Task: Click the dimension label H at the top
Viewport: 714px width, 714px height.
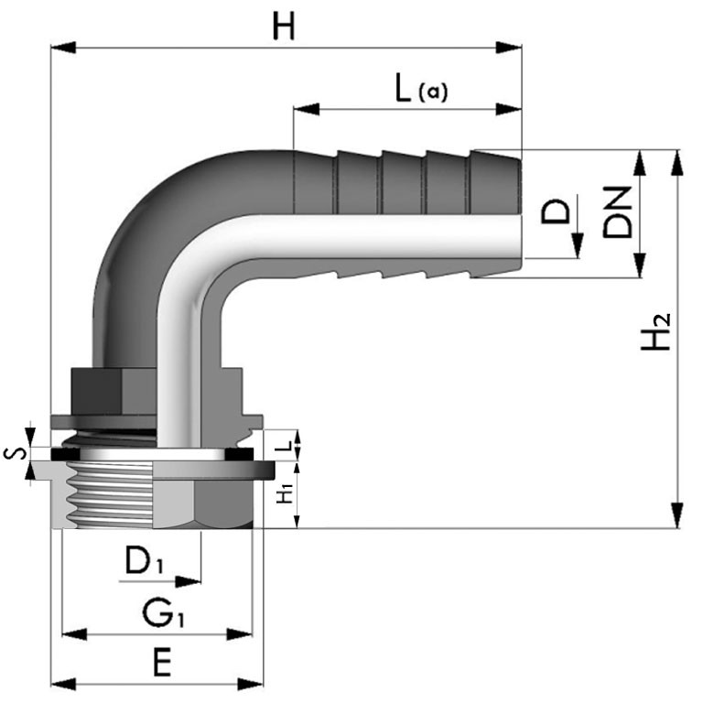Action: coord(283,26)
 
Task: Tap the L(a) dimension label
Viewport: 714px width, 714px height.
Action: coord(421,89)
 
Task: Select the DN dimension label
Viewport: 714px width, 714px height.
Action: coord(618,212)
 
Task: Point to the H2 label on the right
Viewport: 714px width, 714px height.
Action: coord(655,331)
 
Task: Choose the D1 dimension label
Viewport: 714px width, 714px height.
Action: coord(144,560)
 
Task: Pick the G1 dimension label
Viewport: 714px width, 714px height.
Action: coord(163,613)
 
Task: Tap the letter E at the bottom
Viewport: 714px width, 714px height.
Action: coord(162,663)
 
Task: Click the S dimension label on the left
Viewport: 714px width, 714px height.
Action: coord(15,453)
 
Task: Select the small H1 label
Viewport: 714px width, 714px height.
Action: coord(286,494)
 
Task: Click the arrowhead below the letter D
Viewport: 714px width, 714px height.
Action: coord(578,245)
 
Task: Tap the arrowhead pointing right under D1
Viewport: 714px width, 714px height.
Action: coord(188,581)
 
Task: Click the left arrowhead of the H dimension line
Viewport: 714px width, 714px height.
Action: coord(63,47)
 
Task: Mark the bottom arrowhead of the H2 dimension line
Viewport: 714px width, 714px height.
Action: coord(677,515)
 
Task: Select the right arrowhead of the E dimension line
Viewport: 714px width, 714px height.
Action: coord(251,684)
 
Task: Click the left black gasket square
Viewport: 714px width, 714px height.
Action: coord(65,454)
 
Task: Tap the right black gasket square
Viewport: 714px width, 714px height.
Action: coord(239,454)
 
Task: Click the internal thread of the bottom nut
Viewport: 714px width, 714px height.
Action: coord(109,495)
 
